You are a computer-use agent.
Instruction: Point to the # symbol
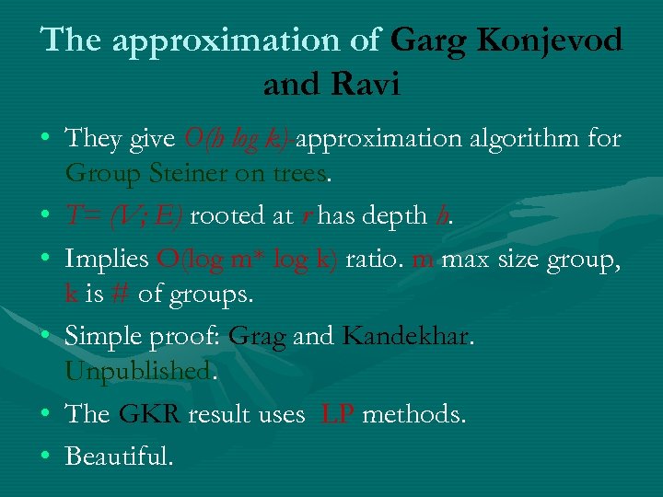[x=117, y=294]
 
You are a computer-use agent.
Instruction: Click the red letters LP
[x=336, y=414]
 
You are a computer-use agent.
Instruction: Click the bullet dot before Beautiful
[x=45, y=456]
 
